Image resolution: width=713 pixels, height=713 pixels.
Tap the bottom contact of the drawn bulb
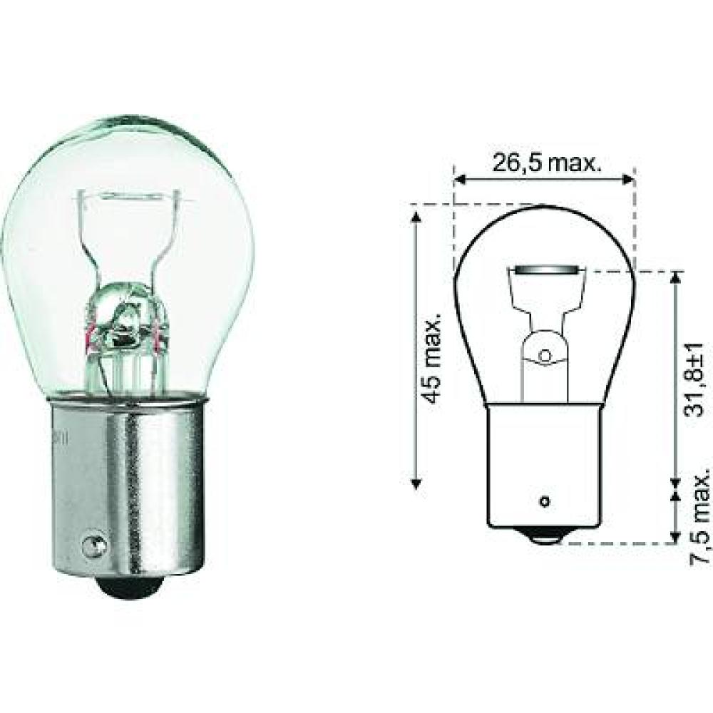click(545, 537)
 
